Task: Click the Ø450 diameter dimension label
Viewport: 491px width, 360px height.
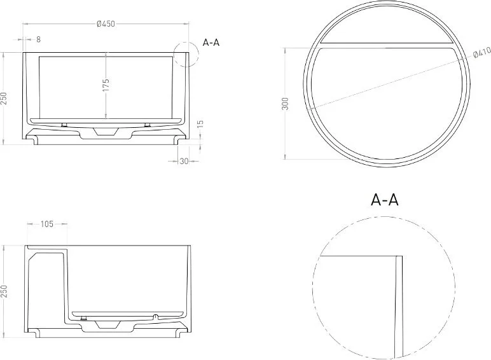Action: coord(106,24)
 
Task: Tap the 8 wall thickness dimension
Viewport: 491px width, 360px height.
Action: coord(38,39)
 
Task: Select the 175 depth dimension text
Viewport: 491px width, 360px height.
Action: coord(106,85)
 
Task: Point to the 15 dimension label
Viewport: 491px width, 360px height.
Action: coord(201,123)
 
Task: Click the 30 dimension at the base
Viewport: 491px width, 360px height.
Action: coord(184,161)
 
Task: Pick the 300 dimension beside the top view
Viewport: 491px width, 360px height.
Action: coord(285,104)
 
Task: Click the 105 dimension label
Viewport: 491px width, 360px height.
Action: coord(47,224)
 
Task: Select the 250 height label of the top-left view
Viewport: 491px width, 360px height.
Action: coord(3,99)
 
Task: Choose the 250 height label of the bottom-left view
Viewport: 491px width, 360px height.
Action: coord(3,291)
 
